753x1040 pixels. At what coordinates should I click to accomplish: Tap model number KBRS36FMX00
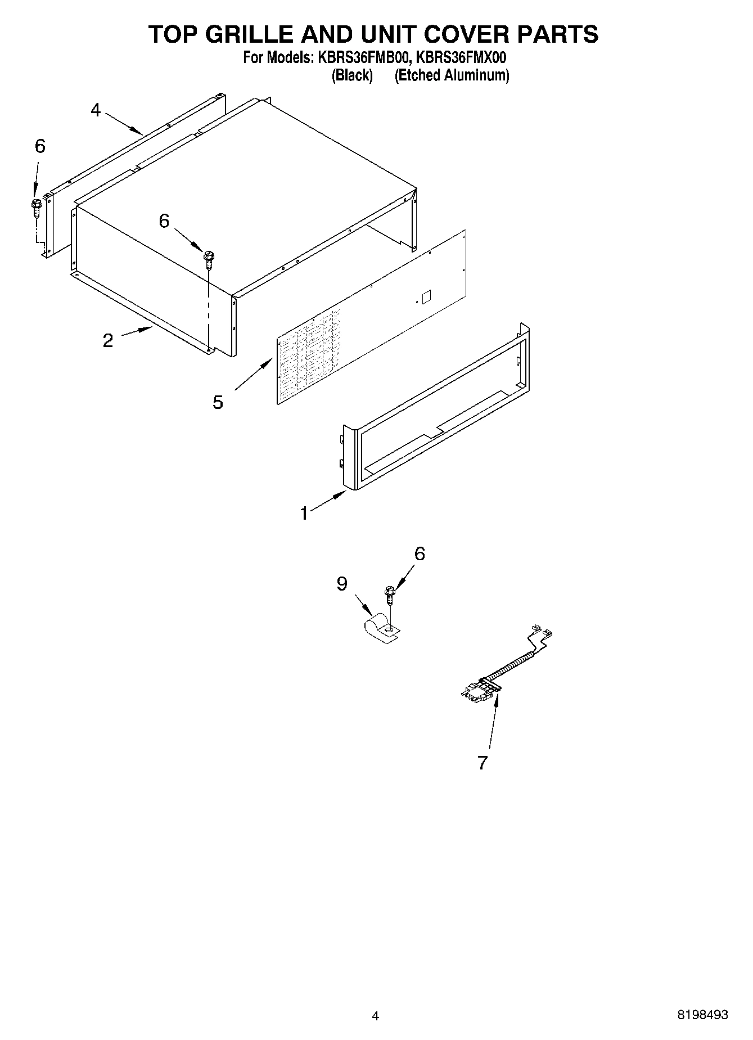pyautogui.click(x=459, y=57)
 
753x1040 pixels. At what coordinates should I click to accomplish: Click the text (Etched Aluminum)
pyautogui.click(x=452, y=75)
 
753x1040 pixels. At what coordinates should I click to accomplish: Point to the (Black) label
pyautogui.click(x=353, y=75)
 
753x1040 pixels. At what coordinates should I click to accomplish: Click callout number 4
pyautogui.click(x=96, y=110)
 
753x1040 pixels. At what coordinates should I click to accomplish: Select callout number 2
pyautogui.click(x=108, y=340)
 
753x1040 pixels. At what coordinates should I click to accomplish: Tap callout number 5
pyautogui.click(x=218, y=402)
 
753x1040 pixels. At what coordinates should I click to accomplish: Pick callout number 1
pyautogui.click(x=304, y=513)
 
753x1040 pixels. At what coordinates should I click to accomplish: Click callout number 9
pyautogui.click(x=342, y=584)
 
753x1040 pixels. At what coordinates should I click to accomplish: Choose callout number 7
pyautogui.click(x=482, y=763)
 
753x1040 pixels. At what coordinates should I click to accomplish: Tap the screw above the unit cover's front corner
pyautogui.click(x=209, y=259)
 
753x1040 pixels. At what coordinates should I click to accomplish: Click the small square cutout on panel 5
pyautogui.click(x=427, y=296)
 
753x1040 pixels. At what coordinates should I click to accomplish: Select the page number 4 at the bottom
pyautogui.click(x=376, y=1016)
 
